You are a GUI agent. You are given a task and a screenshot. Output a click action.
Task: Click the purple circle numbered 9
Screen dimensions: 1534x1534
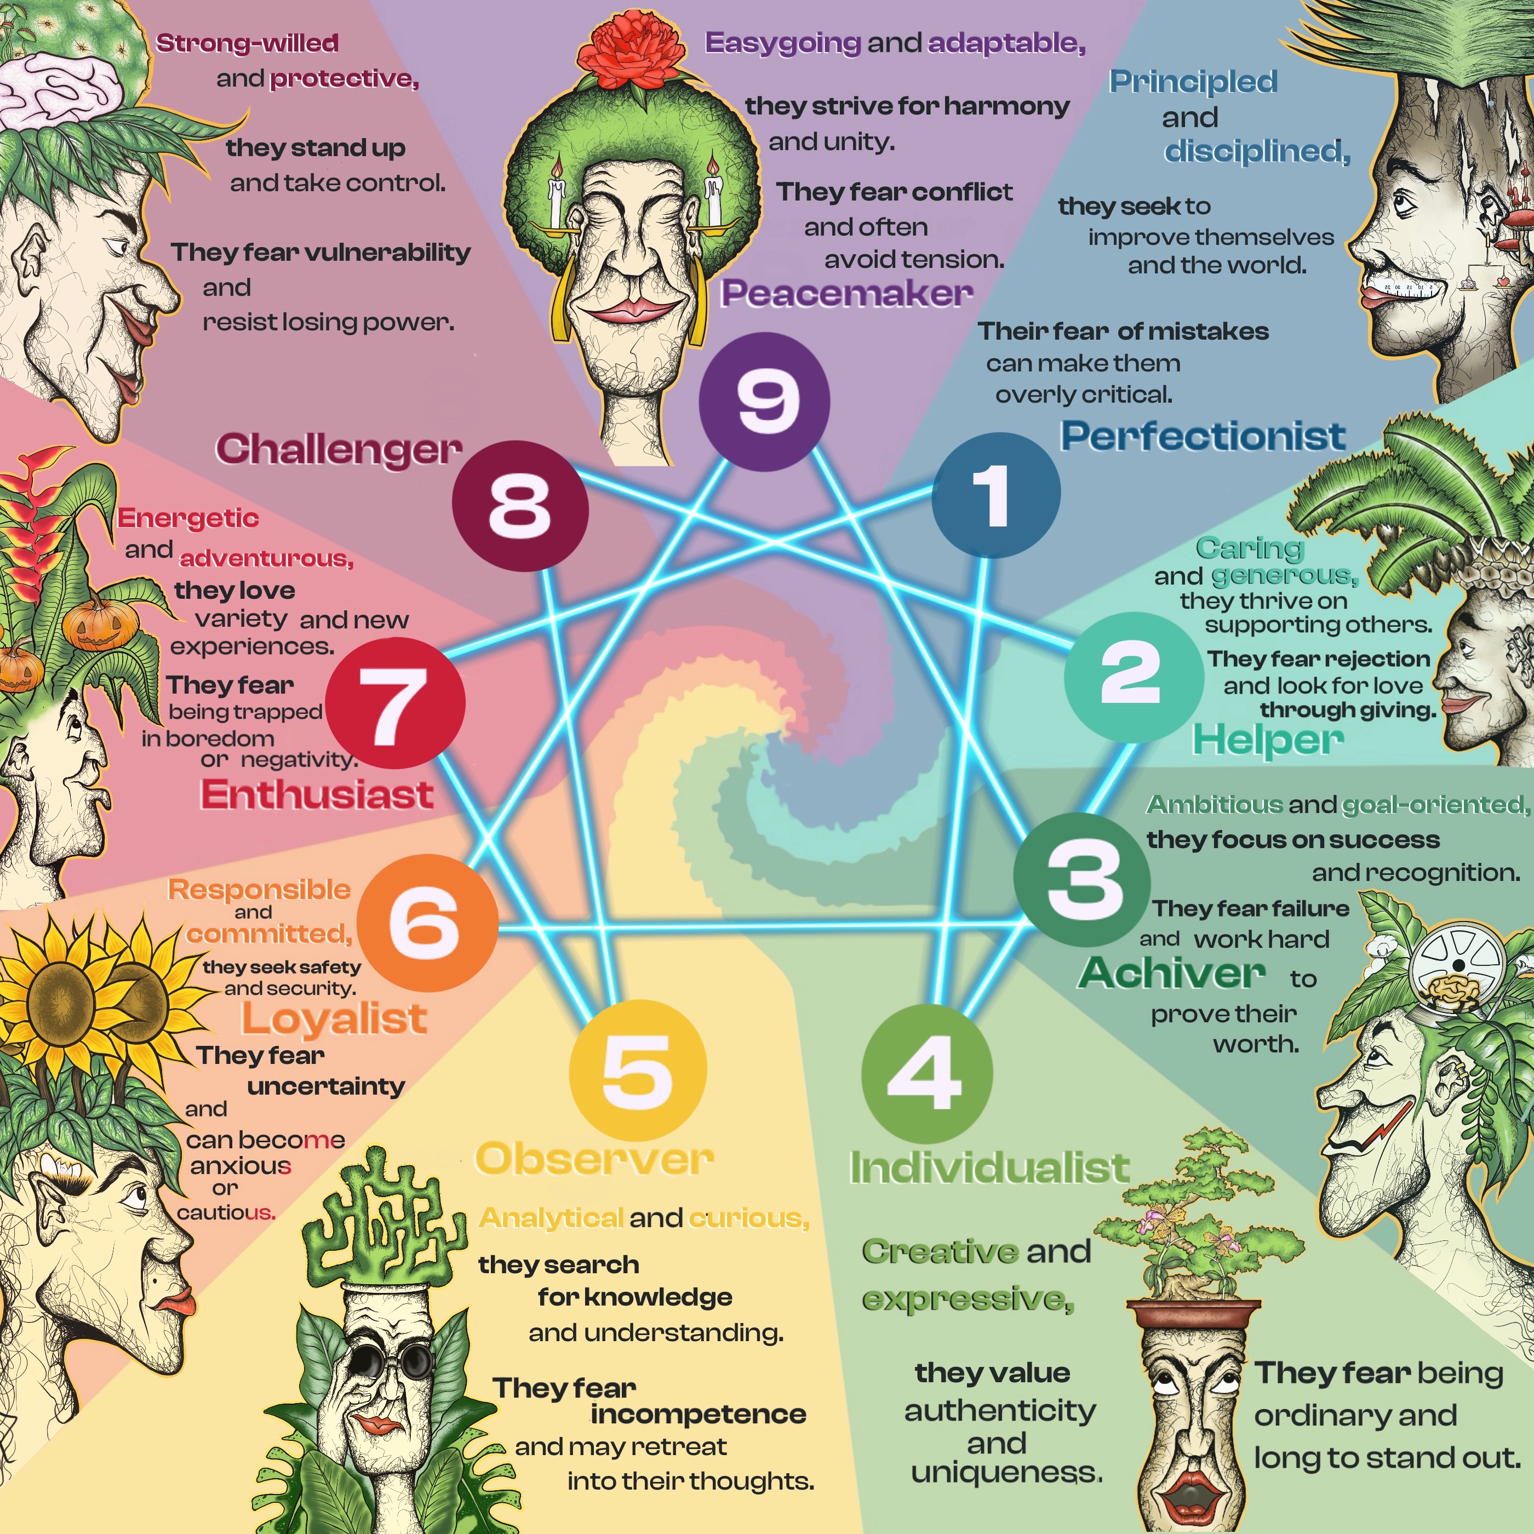coord(764,401)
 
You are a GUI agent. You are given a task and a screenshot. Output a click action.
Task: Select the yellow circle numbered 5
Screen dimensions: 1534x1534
coord(638,1069)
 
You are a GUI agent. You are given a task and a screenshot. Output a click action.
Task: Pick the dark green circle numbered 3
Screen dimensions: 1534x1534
coord(1081,879)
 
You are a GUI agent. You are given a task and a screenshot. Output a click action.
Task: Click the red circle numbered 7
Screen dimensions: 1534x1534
coord(394,703)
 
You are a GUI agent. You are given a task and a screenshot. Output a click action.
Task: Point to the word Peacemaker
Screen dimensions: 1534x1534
coord(846,294)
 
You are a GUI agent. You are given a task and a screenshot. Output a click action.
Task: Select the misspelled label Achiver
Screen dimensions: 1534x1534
coord(1171,974)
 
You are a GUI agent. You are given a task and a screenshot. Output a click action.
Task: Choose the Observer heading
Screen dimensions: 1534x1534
coord(594,1159)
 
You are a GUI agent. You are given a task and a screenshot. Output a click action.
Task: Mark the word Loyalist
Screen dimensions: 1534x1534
coord(334,1018)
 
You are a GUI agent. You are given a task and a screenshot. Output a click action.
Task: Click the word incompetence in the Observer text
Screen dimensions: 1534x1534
coord(698,1414)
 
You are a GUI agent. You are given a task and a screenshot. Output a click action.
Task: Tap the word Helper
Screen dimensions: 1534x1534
coord(1267,740)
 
